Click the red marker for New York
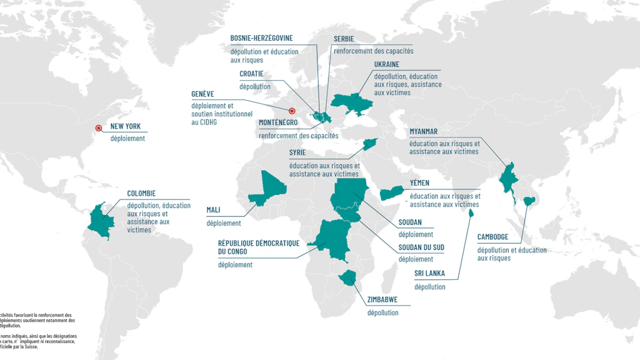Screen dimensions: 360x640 coord(97,129)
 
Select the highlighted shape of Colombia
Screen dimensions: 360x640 coord(100,218)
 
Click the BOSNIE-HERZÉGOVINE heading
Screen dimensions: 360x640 coord(261,38)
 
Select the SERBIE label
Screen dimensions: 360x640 coord(344,39)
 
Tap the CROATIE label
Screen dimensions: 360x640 coord(251,74)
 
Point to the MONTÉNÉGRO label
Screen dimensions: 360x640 coord(278,122)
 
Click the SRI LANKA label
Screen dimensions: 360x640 coord(429,274)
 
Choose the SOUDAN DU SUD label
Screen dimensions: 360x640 coord(421,247)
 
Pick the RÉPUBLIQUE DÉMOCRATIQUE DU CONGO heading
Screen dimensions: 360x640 coord(259,247)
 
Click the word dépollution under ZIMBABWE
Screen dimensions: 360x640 coord(382,312)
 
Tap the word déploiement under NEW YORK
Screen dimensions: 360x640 coord(127,139)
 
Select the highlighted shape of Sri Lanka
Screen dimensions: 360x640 coord(471,212)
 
